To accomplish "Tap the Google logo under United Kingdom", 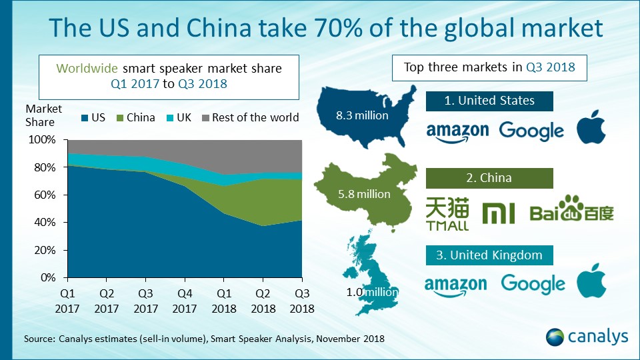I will pos(533,284).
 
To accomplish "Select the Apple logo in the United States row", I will pos(591,129).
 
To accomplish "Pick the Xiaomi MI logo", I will pos(498,213).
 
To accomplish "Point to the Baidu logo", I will pos(571,209).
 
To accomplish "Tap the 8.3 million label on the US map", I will pos(363,115).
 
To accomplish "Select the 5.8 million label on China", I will pos(364,194).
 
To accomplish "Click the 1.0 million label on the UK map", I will pos(372,291).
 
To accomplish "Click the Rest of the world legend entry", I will pos(249,118).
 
